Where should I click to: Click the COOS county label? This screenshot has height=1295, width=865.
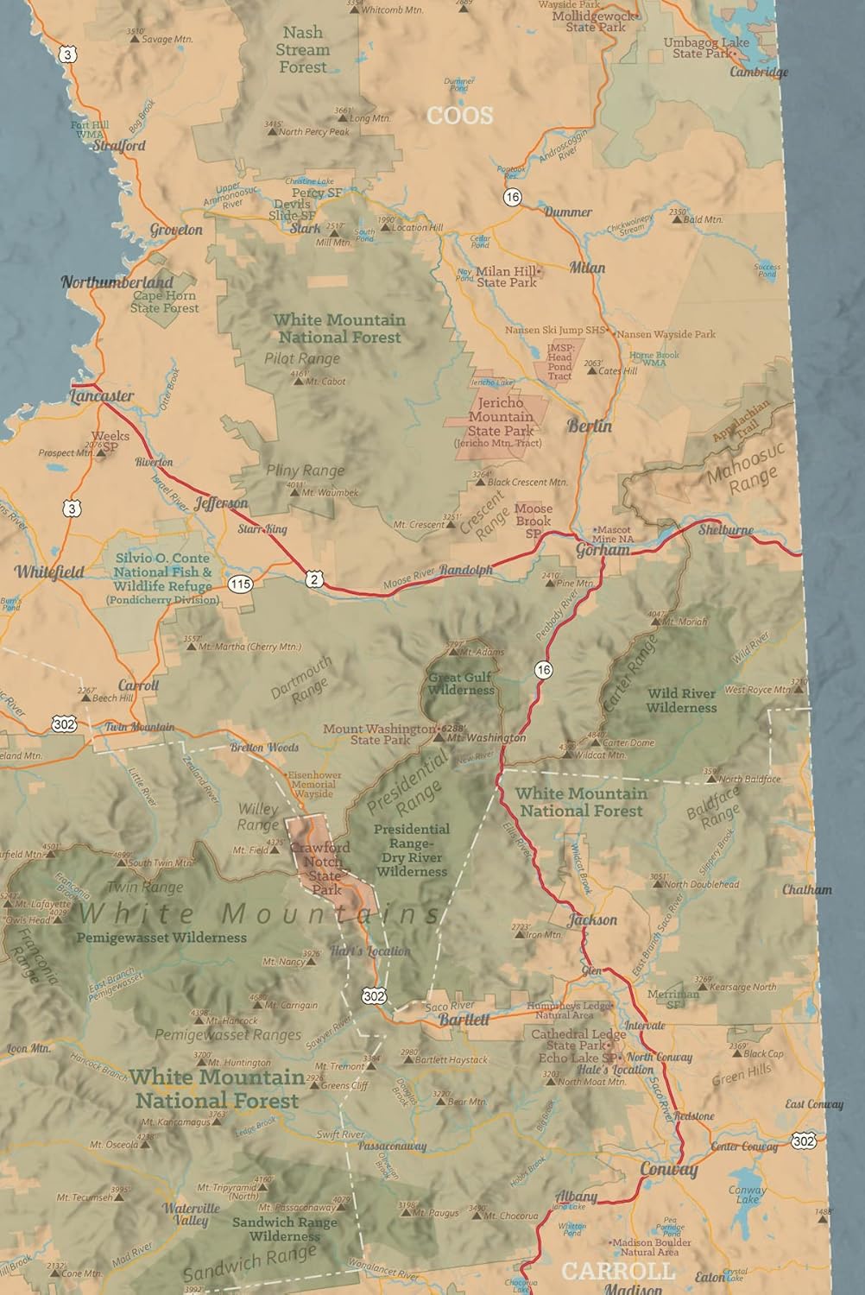[459, 115]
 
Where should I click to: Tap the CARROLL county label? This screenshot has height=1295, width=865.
[617, 1271]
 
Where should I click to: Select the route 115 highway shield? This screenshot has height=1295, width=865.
[240, 584]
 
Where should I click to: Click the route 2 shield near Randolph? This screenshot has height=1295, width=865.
[315, 579]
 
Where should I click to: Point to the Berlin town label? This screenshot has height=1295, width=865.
[590, 426]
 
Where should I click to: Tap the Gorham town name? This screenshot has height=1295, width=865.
[603, 549]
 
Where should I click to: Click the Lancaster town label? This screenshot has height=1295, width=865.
[102, 396]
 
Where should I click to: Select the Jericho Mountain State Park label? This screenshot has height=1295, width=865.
[501, 417]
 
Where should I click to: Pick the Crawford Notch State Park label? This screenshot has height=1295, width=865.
[322, 868]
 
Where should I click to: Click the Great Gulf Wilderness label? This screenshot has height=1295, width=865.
[461, 684]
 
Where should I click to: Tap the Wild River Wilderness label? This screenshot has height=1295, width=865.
[681, 700]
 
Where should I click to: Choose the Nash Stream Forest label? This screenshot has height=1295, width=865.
[302, 49]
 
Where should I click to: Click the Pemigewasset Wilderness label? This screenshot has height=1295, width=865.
[161, 937]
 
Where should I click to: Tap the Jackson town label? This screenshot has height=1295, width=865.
[592, 919]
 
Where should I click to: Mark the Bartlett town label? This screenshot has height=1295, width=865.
[464, 1020]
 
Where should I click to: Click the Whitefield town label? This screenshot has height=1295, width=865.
[49, 572]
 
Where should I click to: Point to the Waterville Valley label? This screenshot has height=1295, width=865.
[191, 1214]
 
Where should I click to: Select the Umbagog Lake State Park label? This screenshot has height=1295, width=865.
[706, 47]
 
